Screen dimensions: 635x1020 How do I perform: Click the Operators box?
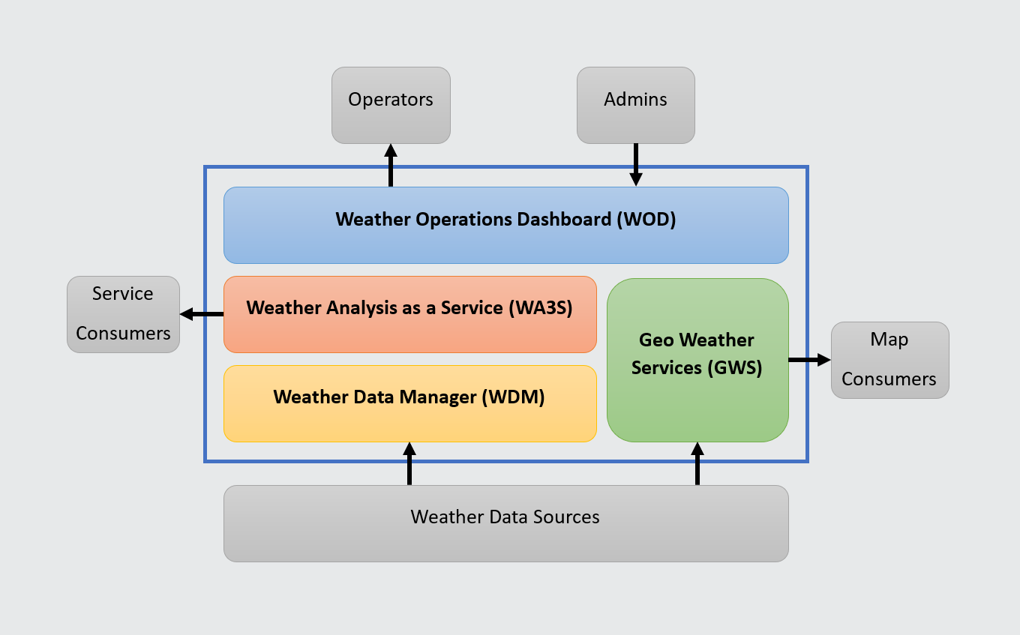coord(391,105)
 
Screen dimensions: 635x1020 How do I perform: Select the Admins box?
coord(635,105)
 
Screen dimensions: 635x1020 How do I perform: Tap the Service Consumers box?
coord(123,314)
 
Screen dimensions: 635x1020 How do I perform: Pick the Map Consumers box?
coord(889,360)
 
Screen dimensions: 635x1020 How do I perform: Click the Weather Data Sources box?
coord(505,523)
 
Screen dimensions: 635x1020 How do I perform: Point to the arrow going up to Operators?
coord(391,165)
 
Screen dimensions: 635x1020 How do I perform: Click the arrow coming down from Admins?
coord(636,164)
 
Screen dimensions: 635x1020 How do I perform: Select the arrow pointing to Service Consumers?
coord(202,315)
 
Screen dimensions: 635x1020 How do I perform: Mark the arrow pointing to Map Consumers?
coord(809,360)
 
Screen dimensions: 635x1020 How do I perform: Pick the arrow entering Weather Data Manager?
coord(409,463)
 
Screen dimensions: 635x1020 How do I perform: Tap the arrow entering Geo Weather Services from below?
coord(697,463)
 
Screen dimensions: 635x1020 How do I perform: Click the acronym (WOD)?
coord(646,220)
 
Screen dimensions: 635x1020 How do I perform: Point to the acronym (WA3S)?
coord(540,308)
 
